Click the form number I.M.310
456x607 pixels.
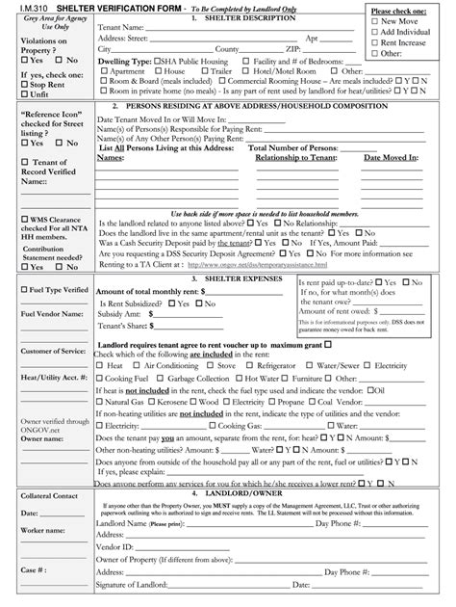22,7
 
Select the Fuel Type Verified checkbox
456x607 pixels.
24,290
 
